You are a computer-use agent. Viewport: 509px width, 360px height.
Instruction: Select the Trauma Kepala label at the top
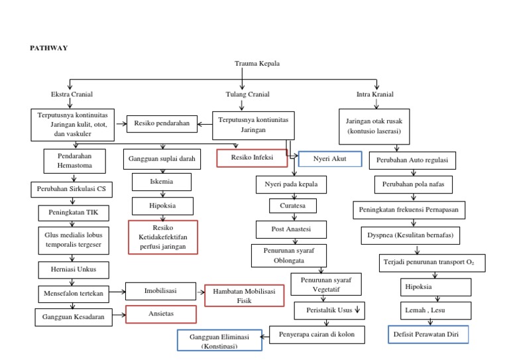pos(257,64)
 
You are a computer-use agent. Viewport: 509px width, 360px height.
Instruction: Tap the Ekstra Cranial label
pos(72,94)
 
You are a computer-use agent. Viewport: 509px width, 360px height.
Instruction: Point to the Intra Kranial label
pos(375,94)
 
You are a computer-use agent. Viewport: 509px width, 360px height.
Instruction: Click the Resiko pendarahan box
pos(162,123)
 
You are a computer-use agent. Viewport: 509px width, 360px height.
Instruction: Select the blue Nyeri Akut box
pos(329,159)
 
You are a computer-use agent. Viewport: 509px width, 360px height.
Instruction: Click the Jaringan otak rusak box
pos(374,126)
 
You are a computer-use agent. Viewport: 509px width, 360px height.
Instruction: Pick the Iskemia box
pos(162,182)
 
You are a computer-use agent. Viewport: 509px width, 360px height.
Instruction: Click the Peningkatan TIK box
pos(72,213)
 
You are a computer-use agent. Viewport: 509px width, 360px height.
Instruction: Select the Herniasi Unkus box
pos(72,270)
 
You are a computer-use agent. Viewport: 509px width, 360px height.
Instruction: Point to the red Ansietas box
pos(162,314)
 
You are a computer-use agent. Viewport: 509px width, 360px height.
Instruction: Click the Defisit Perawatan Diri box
pos(428,334)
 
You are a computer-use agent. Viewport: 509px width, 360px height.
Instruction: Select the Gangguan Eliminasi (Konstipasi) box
pos(219,340)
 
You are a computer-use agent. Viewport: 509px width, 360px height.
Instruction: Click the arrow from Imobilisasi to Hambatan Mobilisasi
pos(200,291)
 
